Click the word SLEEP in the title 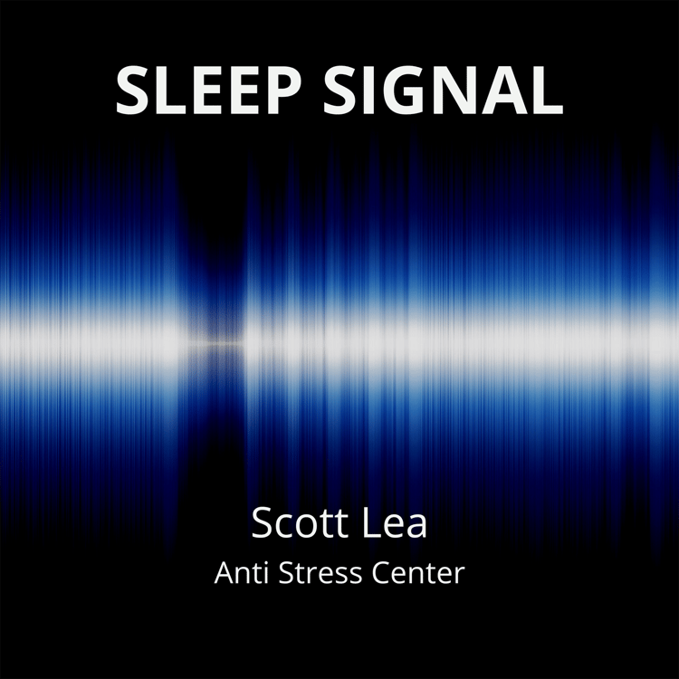[x=209, y=90]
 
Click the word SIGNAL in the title [x=443, y=90]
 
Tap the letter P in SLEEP [x=282, y=90]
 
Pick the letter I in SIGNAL [x=368, y=90]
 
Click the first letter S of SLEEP [x=132, y=90]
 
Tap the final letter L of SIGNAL [x=548, y=90]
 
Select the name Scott [x=300, y=522]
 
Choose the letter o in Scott [x=310, y=527]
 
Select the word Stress [x=320, y=572]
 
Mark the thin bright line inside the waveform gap [x=215, y=343]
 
